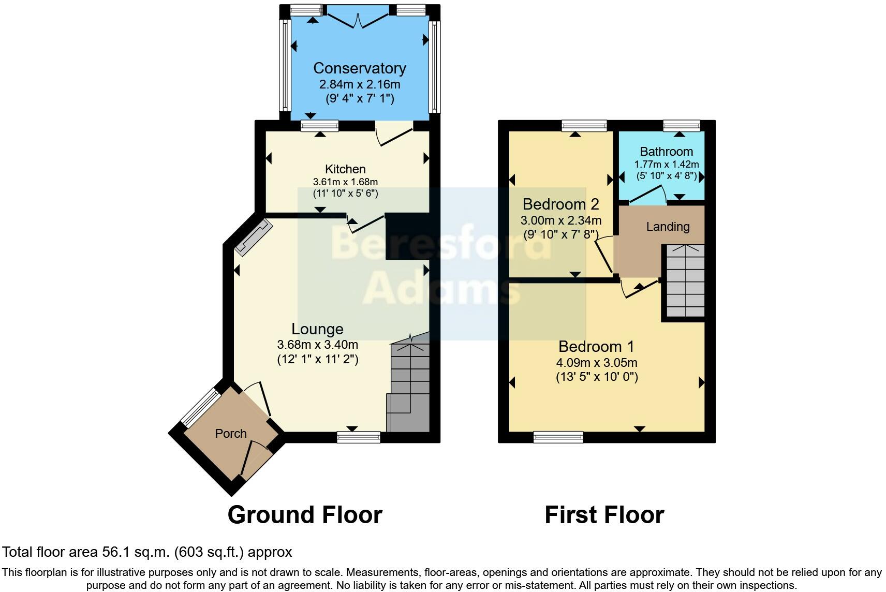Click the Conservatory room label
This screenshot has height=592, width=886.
tap(359, 68)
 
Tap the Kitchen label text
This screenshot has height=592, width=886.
tap(345, 169)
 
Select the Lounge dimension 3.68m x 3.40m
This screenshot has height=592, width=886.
tap(318, 345)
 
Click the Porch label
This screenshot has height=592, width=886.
tap(231, 434)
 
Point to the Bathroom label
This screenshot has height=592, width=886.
tap(666, 152)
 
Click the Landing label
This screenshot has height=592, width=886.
tap(668, 227)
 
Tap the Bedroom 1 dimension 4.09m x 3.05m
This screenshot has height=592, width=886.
tap(597, 363)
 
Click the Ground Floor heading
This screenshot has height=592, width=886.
tap(305, 515)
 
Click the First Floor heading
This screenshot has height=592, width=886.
tap(604, 515)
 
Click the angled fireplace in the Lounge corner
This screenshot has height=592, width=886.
tap(253, 237)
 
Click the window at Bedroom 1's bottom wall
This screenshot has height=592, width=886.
tap(558, 437)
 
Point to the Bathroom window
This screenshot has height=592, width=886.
tap(682, 125)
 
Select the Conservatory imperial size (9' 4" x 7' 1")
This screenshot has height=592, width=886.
tap(359, 98)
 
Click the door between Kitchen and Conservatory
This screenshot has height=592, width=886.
tap(393, 134)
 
